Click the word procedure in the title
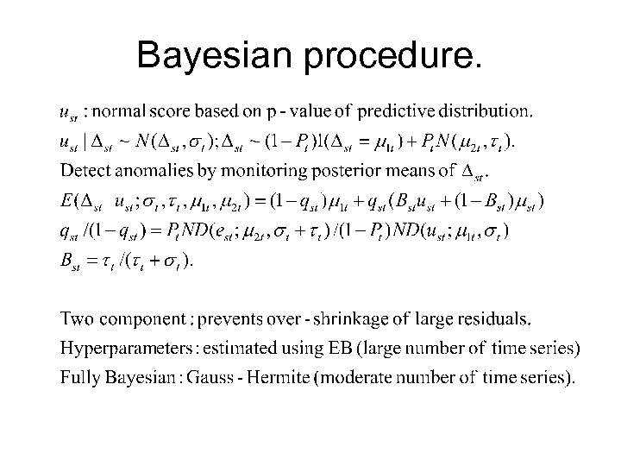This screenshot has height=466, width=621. (392, 57)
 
